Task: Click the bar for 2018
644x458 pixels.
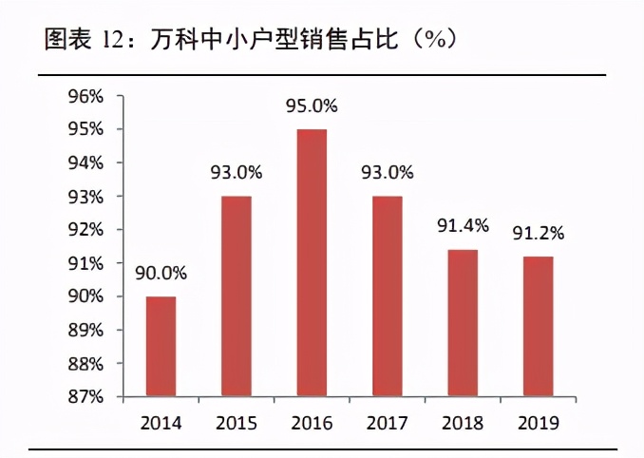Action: click(463, 323)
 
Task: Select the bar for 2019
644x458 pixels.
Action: click(538, 326)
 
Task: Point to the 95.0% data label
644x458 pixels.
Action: click(312, 105)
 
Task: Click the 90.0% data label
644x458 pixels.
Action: click(161, 273)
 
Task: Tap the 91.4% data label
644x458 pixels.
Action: click(463, 225)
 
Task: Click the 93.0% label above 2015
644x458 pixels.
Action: click(237, 173)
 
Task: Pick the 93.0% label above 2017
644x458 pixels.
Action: click(388, 173)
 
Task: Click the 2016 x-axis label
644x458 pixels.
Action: click(312, 421)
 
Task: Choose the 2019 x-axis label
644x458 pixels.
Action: click(538, 421)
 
